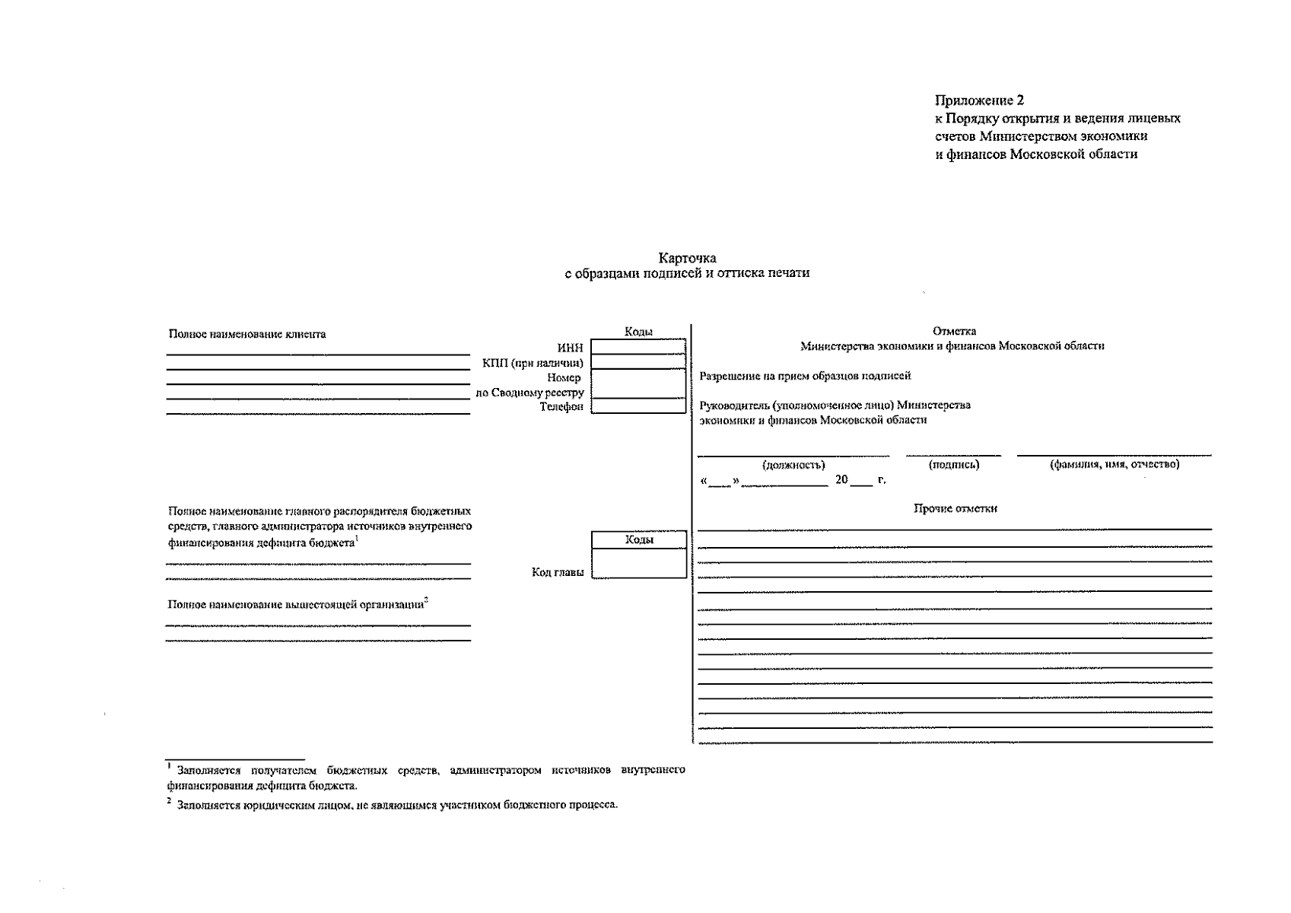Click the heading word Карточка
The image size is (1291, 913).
[687, 259]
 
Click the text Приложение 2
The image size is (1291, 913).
[979, 100]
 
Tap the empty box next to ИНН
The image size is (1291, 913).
[638, 348]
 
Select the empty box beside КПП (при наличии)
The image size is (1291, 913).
[638, 362]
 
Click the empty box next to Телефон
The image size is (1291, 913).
[638, 406]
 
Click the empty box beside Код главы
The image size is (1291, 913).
[639, 564]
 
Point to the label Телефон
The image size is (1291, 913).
[561, 407]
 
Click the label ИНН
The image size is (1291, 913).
[571, 348]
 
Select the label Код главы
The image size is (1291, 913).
[558, 572]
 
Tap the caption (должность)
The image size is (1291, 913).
[793, 465]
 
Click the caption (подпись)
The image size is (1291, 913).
[954, 465]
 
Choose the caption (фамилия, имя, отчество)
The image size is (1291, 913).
[1115, 464]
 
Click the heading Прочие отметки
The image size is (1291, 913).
[955, 508]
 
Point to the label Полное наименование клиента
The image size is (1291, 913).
[247, 334]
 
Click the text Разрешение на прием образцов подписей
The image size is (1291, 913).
[805, 376]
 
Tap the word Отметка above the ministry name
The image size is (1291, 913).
[954, 331]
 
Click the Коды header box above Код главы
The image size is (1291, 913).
[639, 539]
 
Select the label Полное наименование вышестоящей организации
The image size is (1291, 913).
[296, 605]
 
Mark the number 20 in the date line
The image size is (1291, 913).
[841, 480]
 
